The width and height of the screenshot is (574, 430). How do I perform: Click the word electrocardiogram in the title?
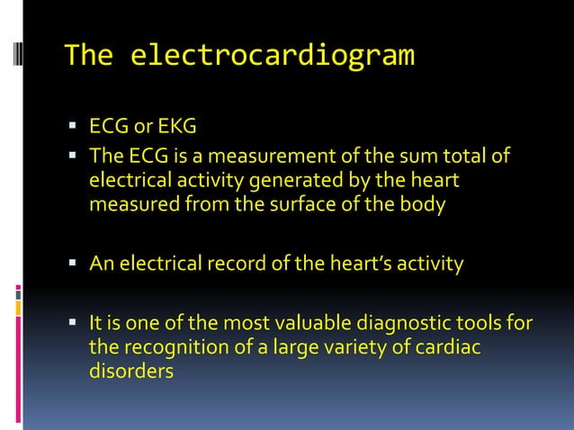click(273, 57)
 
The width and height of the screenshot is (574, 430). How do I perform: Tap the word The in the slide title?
click(89, 57)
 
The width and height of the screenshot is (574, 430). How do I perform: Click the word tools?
click(487, 323)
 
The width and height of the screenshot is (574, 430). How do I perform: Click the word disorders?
click(130, 370)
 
